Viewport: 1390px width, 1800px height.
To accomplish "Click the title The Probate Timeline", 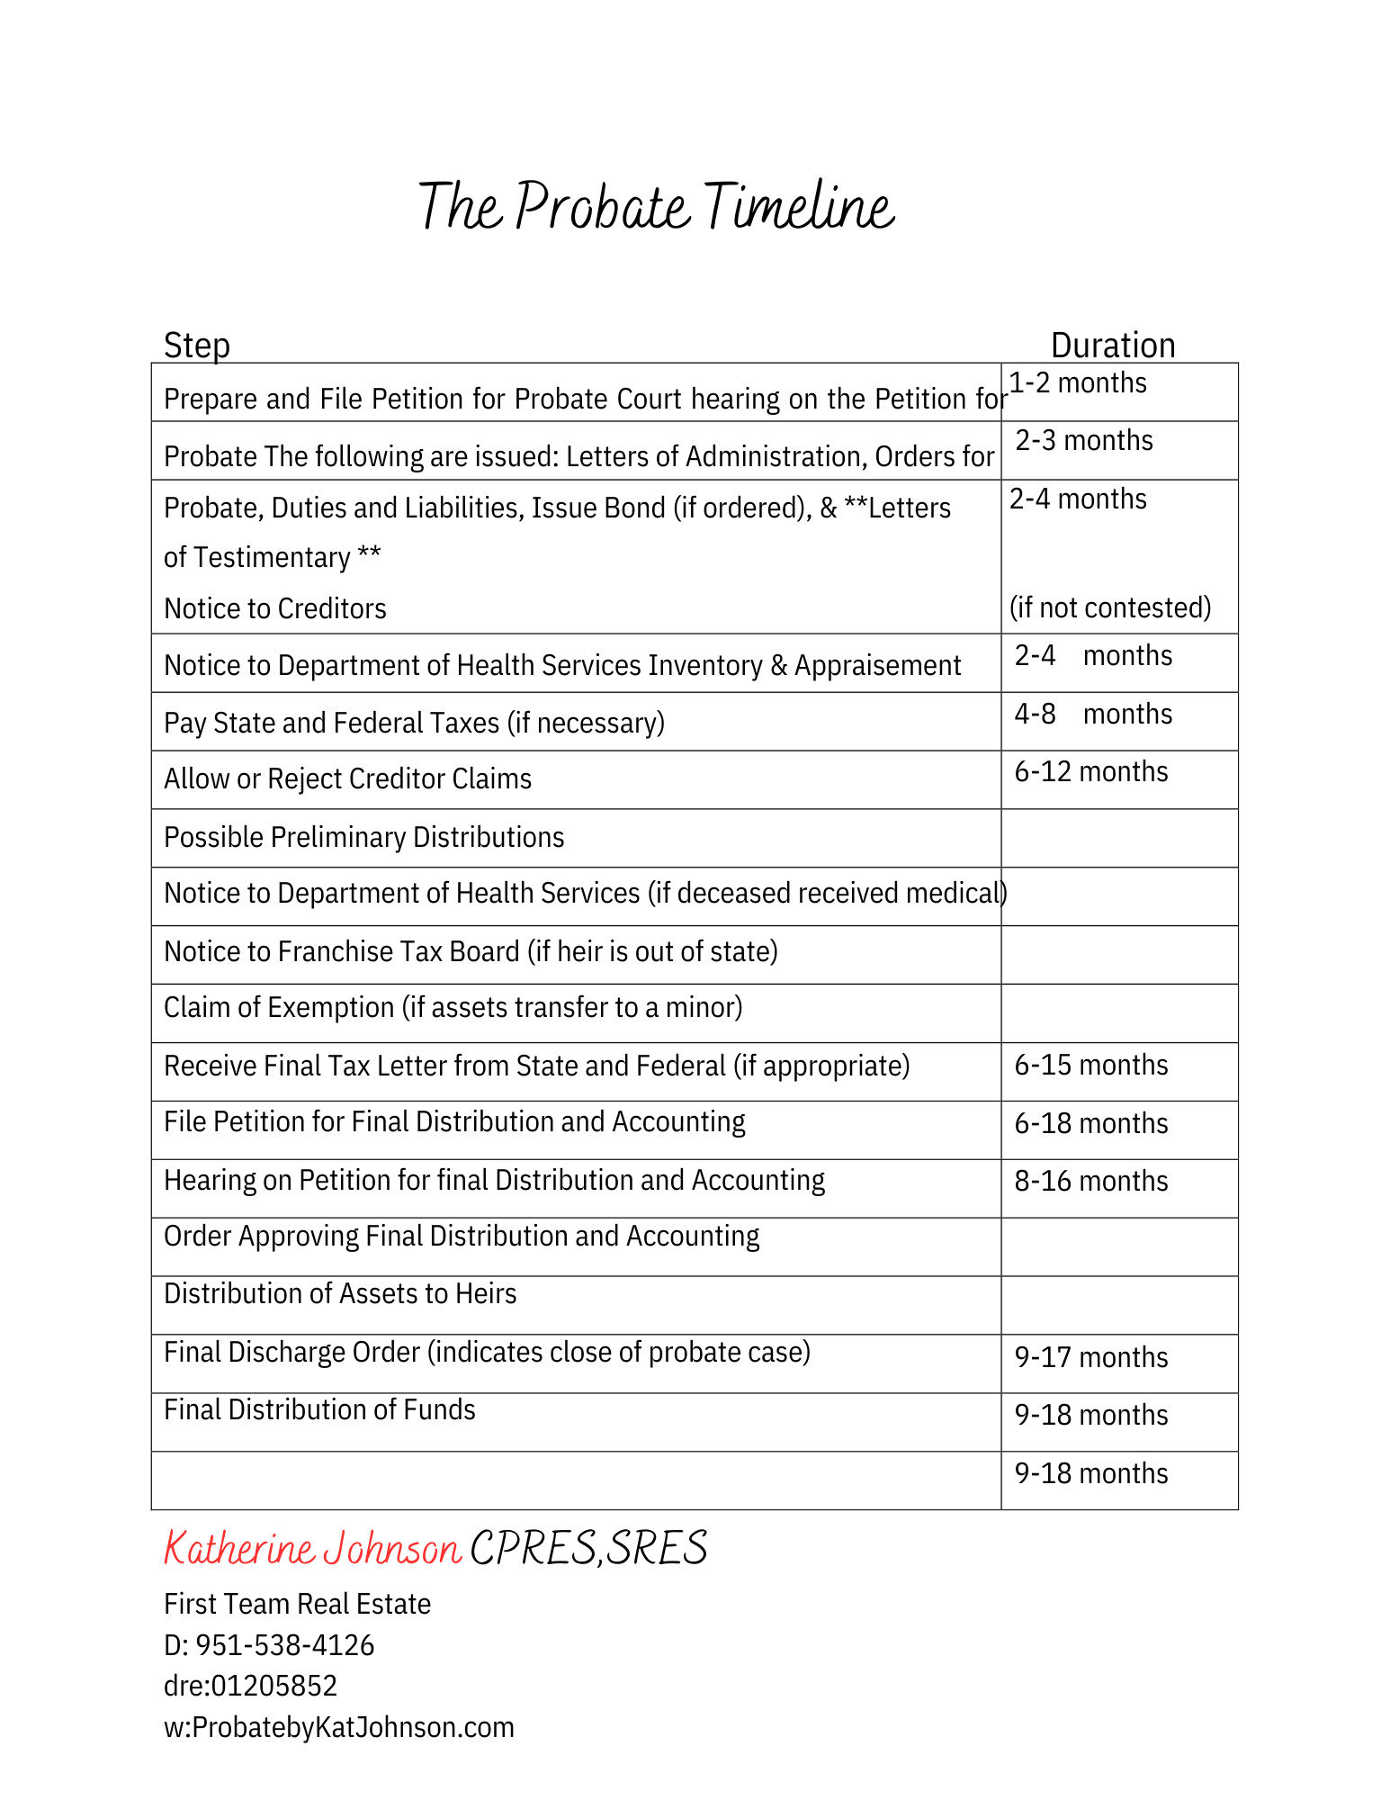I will click(x=656, y=207).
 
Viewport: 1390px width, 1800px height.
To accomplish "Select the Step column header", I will click(x=196, y=346).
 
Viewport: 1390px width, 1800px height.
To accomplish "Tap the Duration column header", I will click(x=1112, y=346).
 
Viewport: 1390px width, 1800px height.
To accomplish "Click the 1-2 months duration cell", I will click(x=1077, y=383).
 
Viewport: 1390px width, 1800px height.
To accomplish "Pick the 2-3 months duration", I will click(x=1083, y=441).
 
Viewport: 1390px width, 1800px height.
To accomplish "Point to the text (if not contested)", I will click(x=1109, y=607).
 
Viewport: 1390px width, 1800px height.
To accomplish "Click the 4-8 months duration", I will click(x=1092, y=715).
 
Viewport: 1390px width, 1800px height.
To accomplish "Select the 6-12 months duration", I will click(x=1090, y=772).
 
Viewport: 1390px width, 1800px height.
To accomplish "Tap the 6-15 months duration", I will click(x=1090, y=1066).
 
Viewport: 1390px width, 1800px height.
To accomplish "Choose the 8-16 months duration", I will click(x=1090, y=1182).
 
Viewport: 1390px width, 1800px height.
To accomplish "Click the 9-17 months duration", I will click(x=1090, y=1357).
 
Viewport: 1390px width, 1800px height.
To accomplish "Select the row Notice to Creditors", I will click(x=274, y=609).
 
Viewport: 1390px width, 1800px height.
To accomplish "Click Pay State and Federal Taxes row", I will click(x=414, y=724).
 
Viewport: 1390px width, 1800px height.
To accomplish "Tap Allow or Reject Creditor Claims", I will click(x=347, y=779).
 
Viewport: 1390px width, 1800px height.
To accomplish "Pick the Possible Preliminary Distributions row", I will click(x=363, y=838).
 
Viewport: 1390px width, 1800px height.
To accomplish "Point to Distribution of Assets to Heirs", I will click(x=340, y=1294).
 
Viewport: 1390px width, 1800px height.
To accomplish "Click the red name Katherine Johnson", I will click(x=312, y=1549).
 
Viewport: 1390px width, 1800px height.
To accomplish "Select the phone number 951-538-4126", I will click(x=284, y=1645).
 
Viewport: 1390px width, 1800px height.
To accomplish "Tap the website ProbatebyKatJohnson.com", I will click(x=353, y=1727).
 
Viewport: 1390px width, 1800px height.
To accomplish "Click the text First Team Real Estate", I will click(x=297, y=1604).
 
